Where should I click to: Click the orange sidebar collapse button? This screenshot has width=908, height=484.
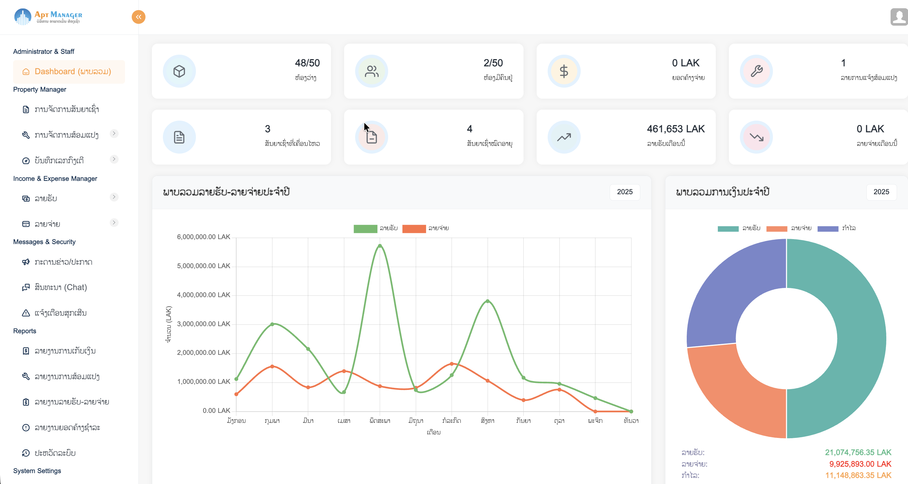[138, 17]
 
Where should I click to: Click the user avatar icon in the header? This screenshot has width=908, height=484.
[899, 17]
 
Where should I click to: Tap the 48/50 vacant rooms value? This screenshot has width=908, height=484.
[307, 63]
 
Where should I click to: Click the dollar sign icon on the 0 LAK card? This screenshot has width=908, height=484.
[564, 71]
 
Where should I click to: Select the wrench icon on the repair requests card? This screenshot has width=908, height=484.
[756, 71]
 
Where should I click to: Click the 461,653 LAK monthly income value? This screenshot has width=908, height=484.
[675, 129]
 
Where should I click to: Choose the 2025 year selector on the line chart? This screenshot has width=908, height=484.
[625, 192]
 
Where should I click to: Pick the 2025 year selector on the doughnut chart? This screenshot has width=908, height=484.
[881, 192]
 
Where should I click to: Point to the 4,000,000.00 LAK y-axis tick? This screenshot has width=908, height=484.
[203, 295]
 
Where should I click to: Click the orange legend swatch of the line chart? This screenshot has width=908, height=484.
[414, 229]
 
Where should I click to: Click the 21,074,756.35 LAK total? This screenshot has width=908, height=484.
[858, 452]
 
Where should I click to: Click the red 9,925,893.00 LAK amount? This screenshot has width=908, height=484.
[860, 464]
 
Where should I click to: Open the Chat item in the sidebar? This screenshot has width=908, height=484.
[61, 287]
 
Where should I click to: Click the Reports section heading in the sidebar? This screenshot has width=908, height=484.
[25, 331]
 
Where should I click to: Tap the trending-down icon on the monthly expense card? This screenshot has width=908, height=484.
[756, 137]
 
